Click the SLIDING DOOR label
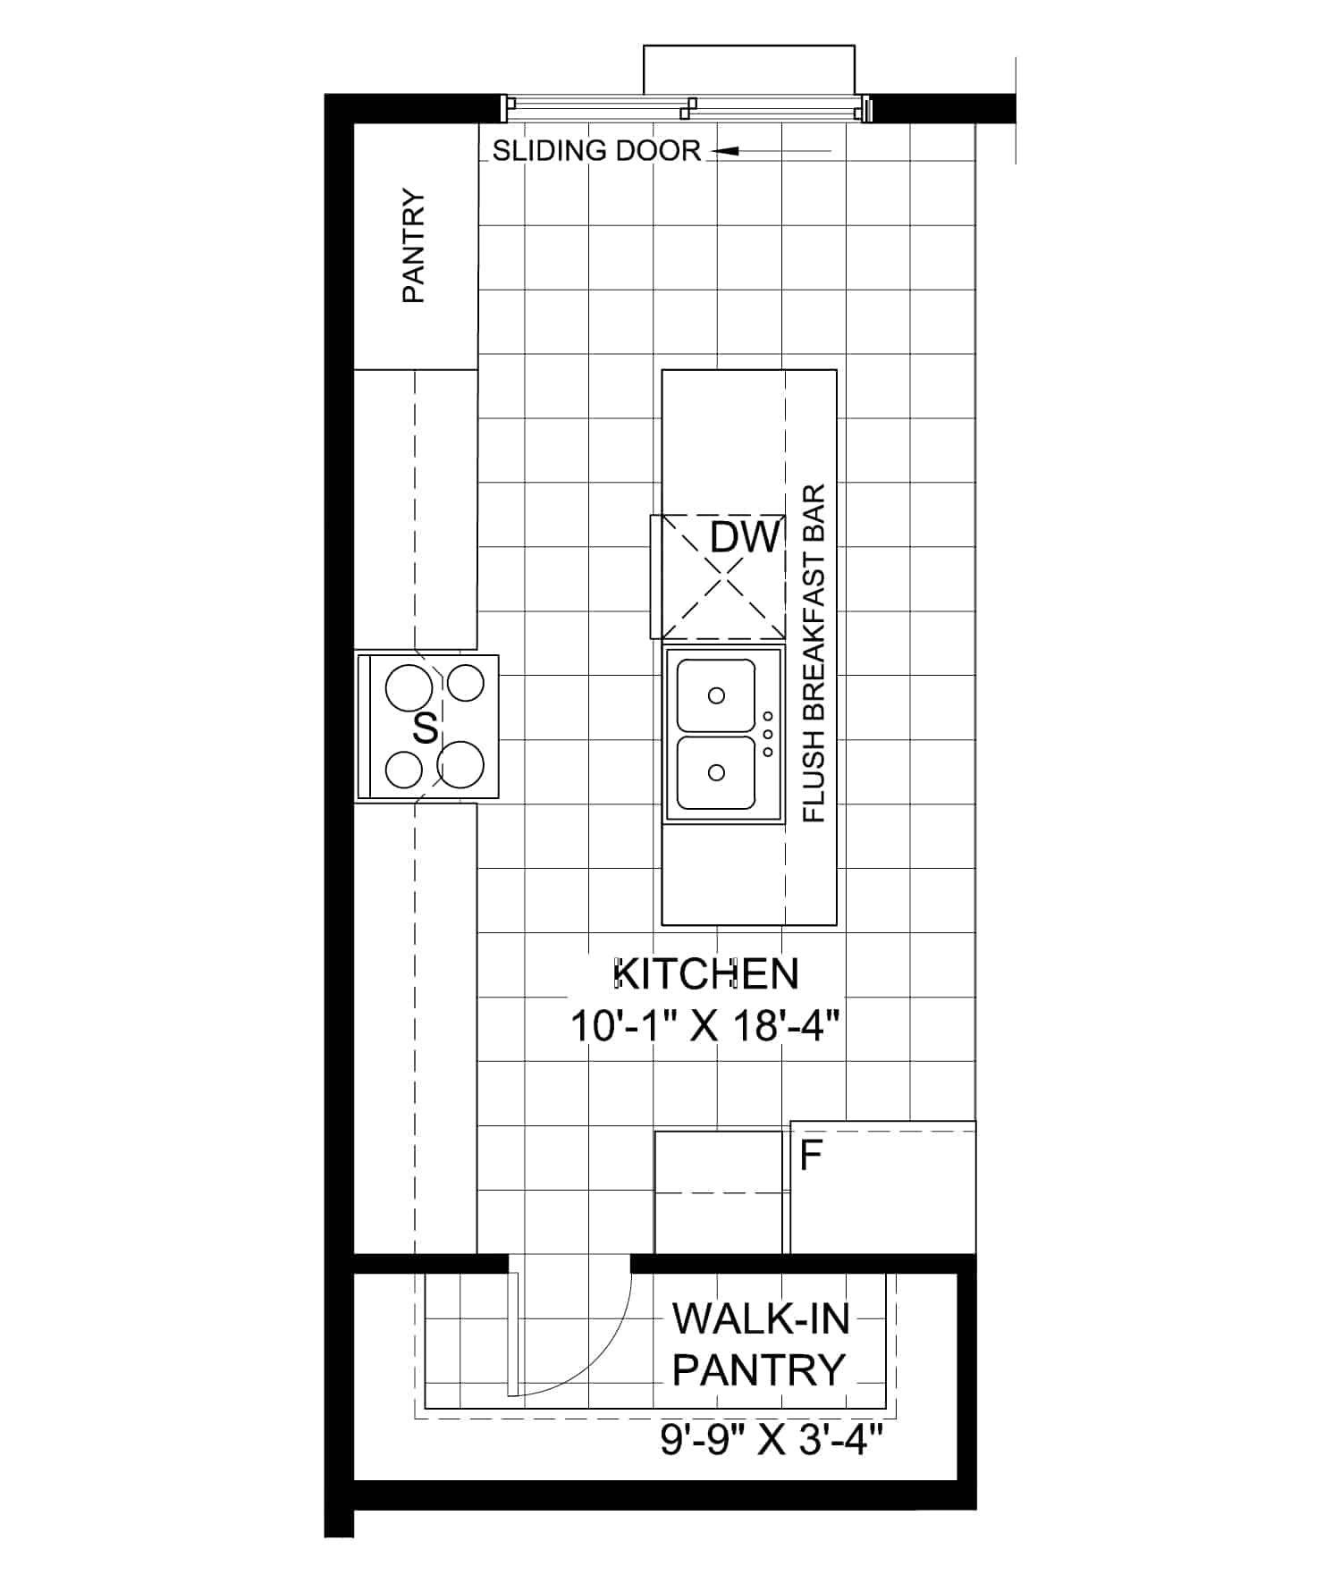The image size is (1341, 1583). click(x=596, y=151)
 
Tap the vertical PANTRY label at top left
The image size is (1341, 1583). click(x=413, y=246)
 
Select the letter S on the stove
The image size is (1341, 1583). click(x=426, y=728)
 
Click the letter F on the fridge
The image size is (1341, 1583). click(x=811, y=1156)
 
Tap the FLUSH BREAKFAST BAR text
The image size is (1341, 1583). click(x=814, y=653)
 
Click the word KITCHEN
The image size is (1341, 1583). click(x=706, y=973)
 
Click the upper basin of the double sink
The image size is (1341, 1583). click(x=716, y=695)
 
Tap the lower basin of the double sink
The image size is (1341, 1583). click(x=716, y=771)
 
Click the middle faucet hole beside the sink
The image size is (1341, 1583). click(x=768, y=734)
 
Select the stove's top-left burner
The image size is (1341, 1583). click(x=409, y=688)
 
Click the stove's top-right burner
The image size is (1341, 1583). click(x=465, y=684)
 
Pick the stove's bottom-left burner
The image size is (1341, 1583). click(x=404, y=770)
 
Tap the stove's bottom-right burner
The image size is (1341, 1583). click(x=460, y=765)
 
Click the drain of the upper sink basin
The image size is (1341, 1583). click(x=716, y=695)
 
